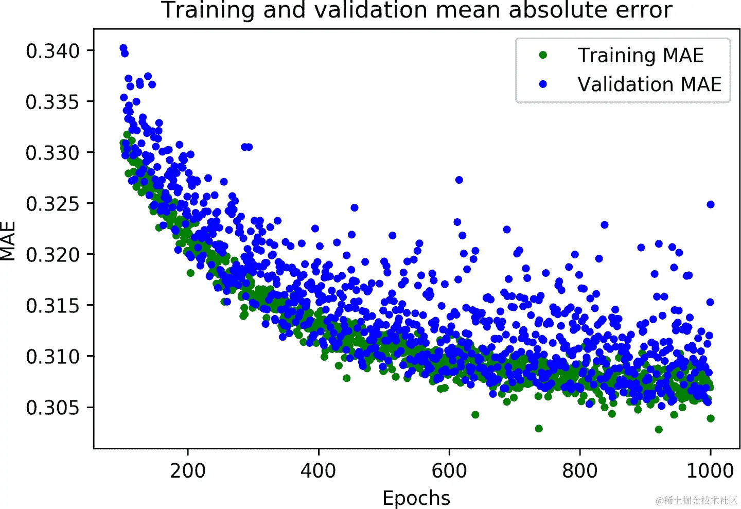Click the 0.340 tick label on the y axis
click(x=52, y=51)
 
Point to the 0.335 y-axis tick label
click(x=52, y=102)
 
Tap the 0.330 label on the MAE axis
click(x=52, y=153)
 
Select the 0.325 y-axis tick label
click(x=52, y=204)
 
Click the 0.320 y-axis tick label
click(x=52, y=254)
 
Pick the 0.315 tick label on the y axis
click(x=52, y=305)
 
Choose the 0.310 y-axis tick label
click(x=52, y=356)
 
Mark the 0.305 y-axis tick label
click(x=52, y=407)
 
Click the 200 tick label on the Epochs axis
click(x=188, y=470)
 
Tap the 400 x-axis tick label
click(x=319, y=470)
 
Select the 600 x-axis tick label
click(x=449, y=470)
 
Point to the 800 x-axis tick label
click(x=580, y=470)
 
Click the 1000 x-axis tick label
click(x=710, y=470)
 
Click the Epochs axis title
click(x=416, y=498)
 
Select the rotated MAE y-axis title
click(x=8, y=241)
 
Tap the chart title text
click(x=417, y=10)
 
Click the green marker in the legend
click(x=543, y=55)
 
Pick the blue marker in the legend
click(x=543, y=84)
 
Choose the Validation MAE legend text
click(x=649, y=84)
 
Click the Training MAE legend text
click(x=641, y=55)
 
